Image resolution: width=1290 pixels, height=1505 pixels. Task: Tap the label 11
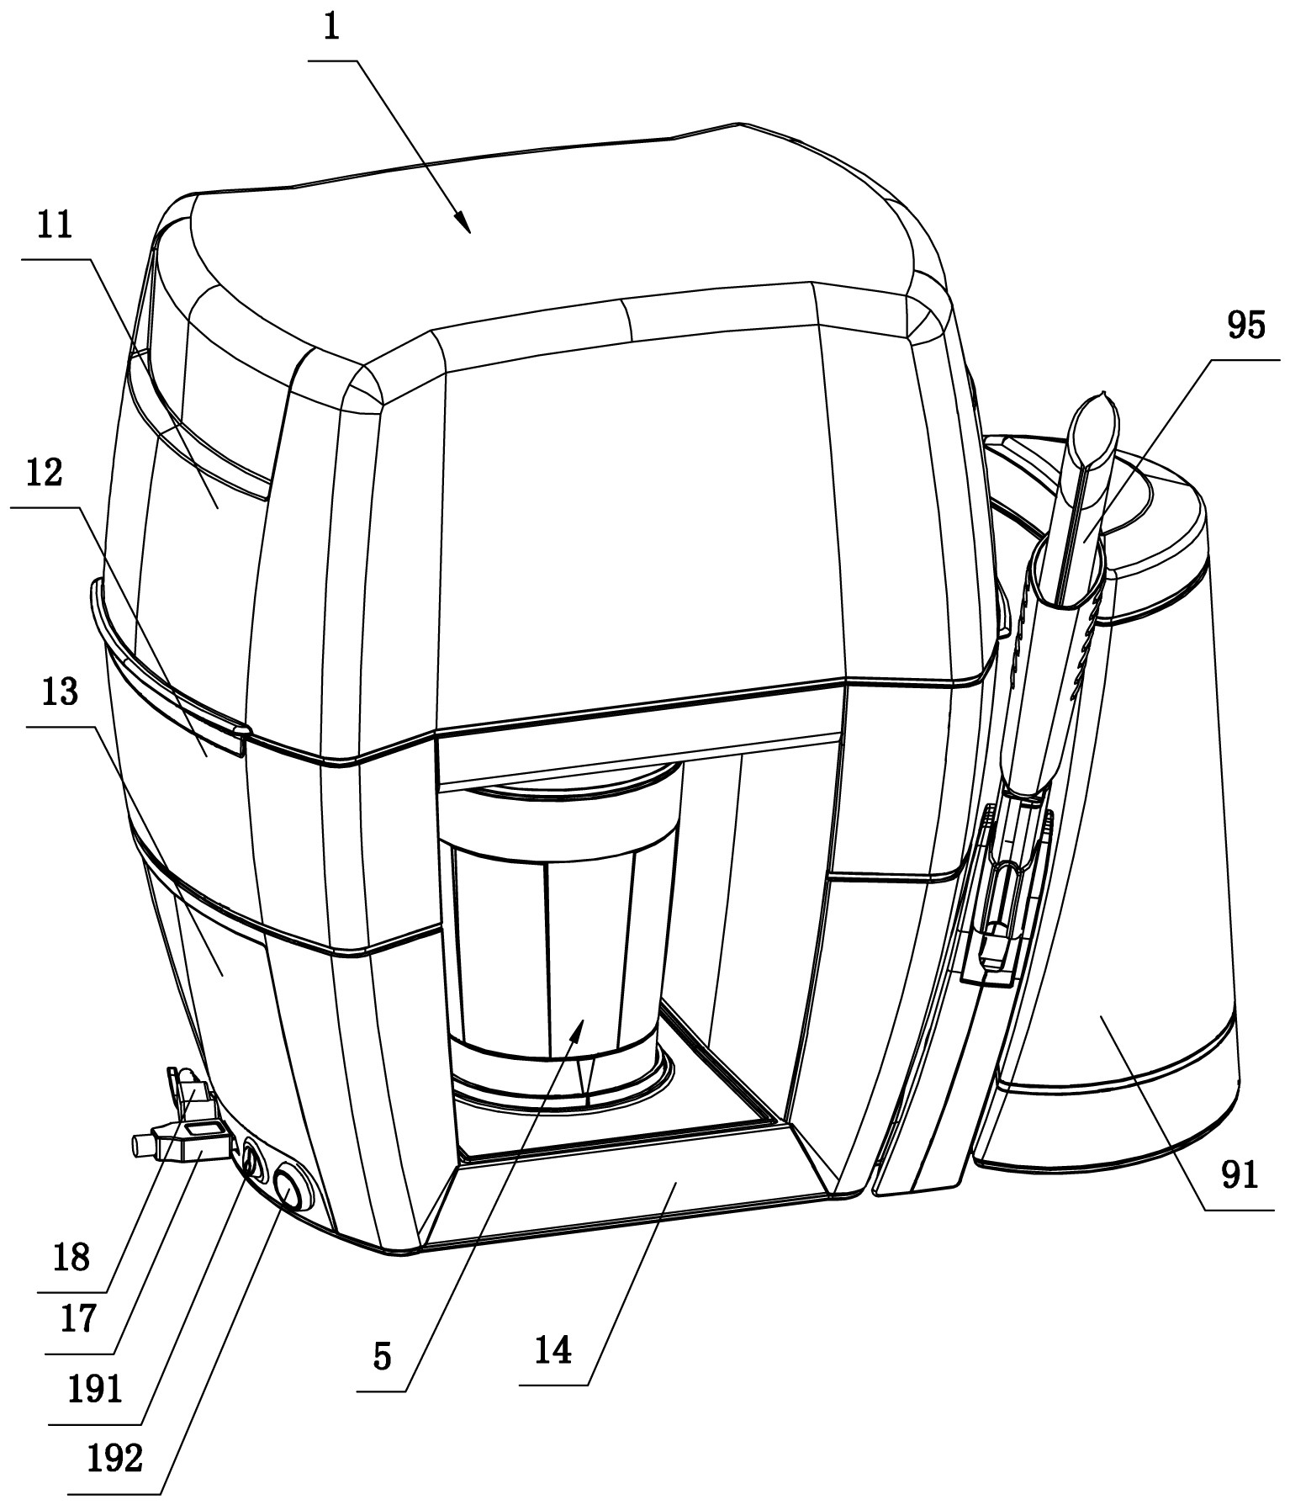(55, 228)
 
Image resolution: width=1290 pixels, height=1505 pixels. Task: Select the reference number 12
(45, 474)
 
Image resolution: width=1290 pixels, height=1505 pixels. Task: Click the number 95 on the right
(1245, 325)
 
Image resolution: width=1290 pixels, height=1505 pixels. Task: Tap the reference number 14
(553, 1352)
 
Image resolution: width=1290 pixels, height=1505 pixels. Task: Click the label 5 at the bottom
(383, 1357)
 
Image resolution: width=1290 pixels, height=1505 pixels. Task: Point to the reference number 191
(95, 1390)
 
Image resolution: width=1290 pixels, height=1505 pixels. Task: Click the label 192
(115, 1458)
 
